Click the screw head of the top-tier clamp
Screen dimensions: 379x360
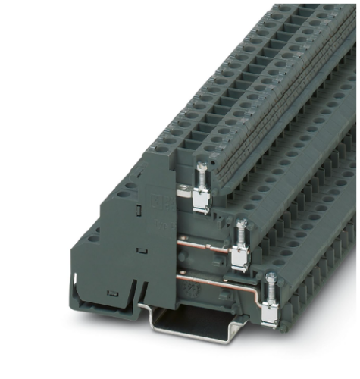coord(202,168)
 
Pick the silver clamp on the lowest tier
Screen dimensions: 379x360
coord(268,312)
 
